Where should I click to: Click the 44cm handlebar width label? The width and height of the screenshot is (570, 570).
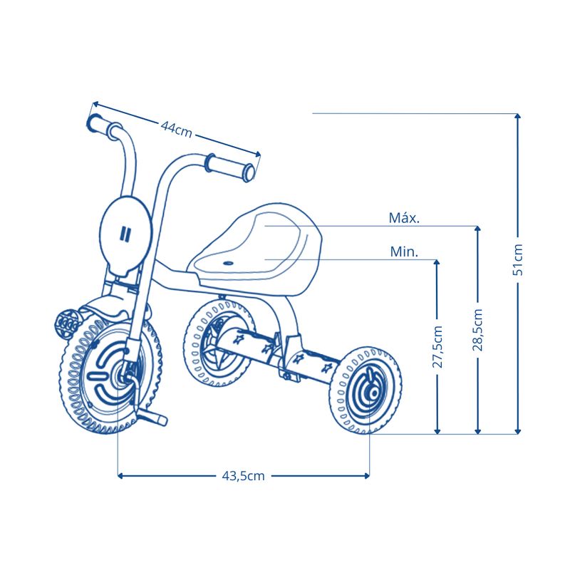176,130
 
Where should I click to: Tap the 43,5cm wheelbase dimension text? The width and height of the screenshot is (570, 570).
243,476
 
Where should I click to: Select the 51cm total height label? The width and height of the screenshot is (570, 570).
518,259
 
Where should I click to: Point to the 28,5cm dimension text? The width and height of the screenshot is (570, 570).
477,330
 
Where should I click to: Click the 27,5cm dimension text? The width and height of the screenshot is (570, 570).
437,347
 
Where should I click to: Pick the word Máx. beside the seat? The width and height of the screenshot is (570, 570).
404,218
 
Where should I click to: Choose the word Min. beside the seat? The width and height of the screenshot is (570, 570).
404,252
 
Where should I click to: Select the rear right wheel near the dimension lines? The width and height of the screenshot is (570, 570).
366,390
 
